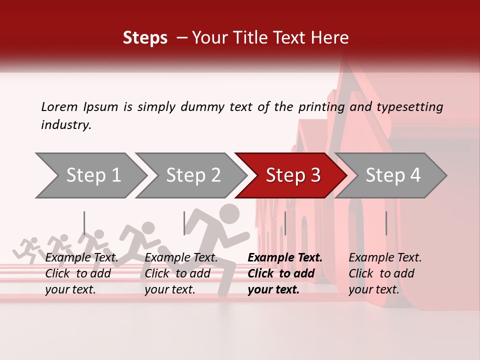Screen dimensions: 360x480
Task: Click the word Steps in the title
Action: point(145,38)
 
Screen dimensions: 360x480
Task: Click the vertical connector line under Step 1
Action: point(84,223)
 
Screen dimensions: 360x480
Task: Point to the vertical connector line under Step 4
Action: point(386,223)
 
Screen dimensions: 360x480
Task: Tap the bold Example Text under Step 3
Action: point(285,258)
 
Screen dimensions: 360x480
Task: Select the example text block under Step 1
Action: point(81,273)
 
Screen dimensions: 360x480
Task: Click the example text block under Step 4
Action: point(385,273)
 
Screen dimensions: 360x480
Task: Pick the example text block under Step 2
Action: point(181,273)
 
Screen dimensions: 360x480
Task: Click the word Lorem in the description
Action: point(59,107)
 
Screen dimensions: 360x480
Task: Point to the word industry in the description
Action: point(66,125)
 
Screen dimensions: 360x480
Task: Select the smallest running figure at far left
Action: point(29,247)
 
